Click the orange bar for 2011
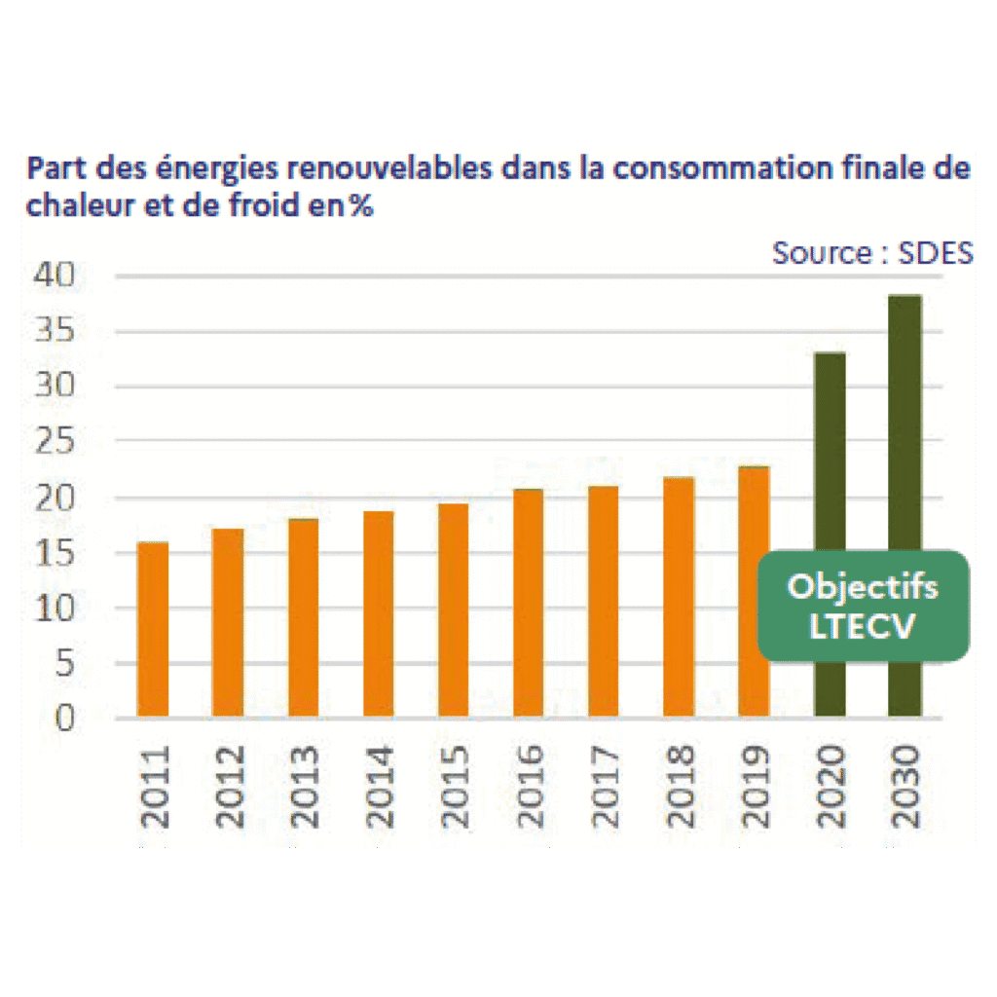coord(153,630)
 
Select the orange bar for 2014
coord(378,614)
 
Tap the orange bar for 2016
coord(528,604)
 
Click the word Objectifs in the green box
coord(863,587)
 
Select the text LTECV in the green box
coord(863,626)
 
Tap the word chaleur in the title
coord(75,207)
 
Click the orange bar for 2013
coord(303,618)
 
